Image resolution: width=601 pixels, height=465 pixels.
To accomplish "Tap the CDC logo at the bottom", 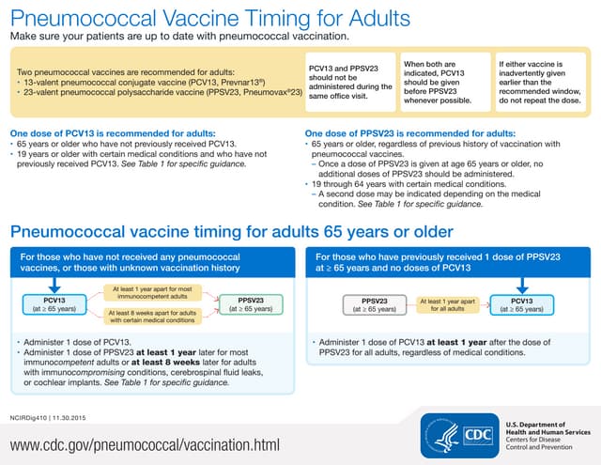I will click(x=474, y=434).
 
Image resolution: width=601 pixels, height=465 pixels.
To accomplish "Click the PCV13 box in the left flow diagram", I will click(x=47, y=302).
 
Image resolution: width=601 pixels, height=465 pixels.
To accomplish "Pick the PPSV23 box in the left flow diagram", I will click(x=245, y=302).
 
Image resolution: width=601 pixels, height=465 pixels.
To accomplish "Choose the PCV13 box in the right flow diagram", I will click(x=521, y=302).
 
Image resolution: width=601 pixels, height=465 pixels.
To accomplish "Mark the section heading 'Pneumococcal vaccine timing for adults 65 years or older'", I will click(x=231, y=231).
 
